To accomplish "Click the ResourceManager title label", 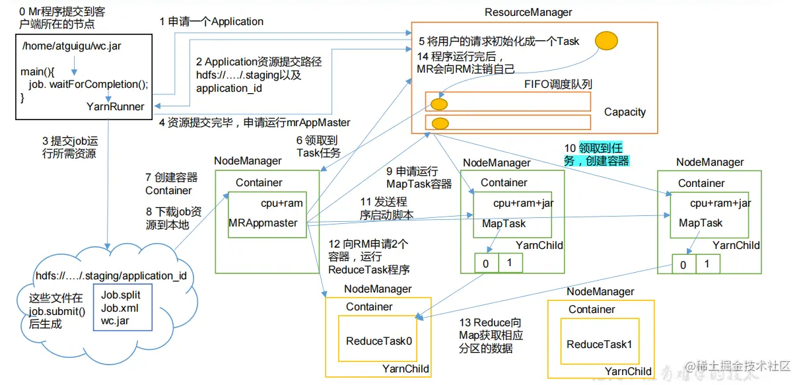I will click(528, 12).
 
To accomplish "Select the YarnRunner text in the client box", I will click(116, 106).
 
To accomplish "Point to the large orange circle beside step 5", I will click(606, 41).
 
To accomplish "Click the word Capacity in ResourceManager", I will click(625, 112).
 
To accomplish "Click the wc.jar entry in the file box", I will click(116, 321).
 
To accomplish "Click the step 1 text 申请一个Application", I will click(211, 22).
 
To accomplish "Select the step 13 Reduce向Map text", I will click(491, 335).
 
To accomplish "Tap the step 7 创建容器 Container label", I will click(171, 184).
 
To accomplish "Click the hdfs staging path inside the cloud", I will click(112, 276).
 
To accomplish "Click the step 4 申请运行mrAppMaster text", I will click(254, 123).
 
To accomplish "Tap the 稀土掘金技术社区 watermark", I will click(742, 367).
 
